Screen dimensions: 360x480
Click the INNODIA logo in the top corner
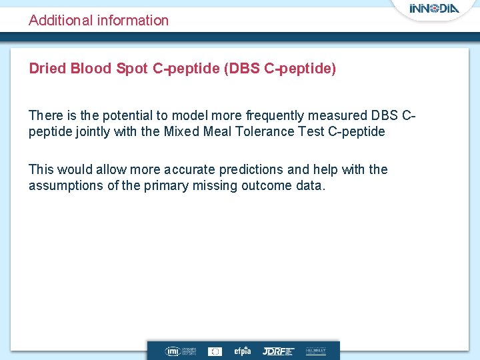coord(434,9)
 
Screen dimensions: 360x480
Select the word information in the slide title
coord(133,21)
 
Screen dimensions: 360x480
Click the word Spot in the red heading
coord(131,69)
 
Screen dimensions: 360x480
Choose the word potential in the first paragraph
coord(127,115)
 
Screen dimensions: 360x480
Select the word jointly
coord(93,131)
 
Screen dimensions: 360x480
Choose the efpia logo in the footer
coord(241,351)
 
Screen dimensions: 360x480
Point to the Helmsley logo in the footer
coord(315,351)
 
